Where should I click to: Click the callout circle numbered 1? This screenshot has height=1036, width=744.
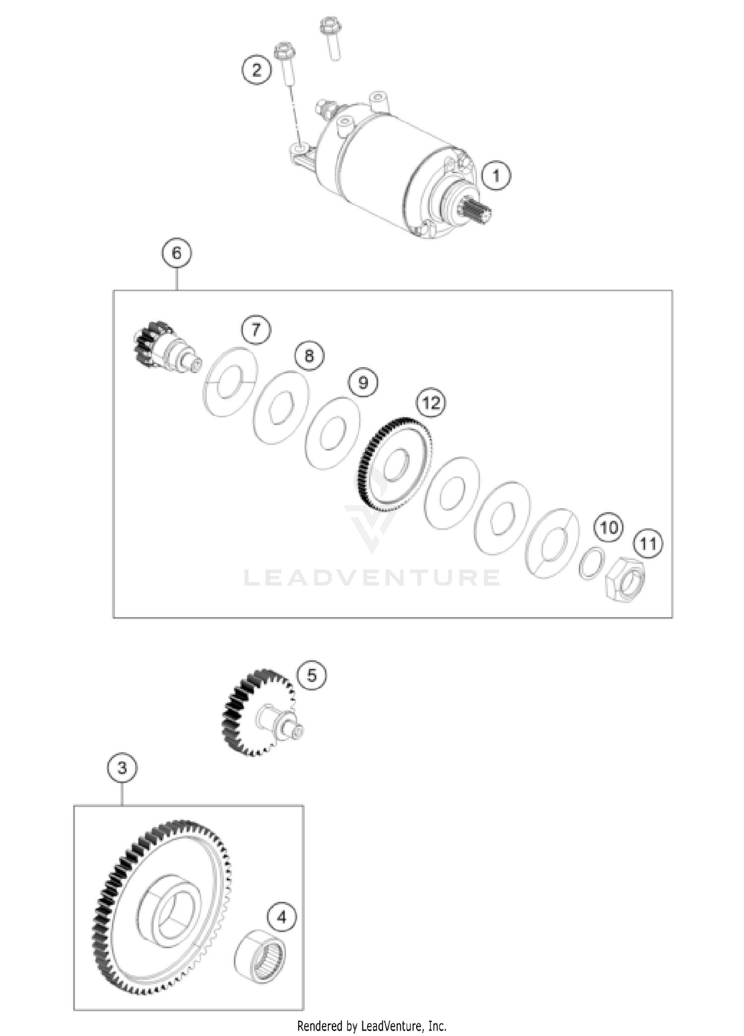pyautogui.click(x=496, y=175)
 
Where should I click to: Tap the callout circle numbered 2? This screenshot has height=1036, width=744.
pyautogui.click(x=257, y=69)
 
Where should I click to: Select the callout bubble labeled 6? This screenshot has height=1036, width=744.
pyautogui.click(x=177, y=254)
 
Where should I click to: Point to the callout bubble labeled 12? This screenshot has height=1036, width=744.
pyautogui.click(x=431, y=402)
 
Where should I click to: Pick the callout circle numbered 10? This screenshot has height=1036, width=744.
pyautogui.click(x=609, y=527)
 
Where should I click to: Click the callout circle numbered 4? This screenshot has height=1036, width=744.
pyautogui.click(x=282, y=917)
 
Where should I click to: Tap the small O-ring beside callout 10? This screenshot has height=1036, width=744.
pyautogui.click(x=592, y=564)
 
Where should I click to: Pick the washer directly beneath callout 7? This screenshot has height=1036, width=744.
pyautogui.click(x=230, y=383)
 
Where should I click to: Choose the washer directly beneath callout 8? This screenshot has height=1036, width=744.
pyautogui.click(x=281, y=408)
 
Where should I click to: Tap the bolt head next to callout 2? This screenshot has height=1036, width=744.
pyautogui.click(x=285, y=51)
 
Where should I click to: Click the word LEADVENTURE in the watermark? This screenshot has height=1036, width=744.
pyautogui.click(x=372, y=578)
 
